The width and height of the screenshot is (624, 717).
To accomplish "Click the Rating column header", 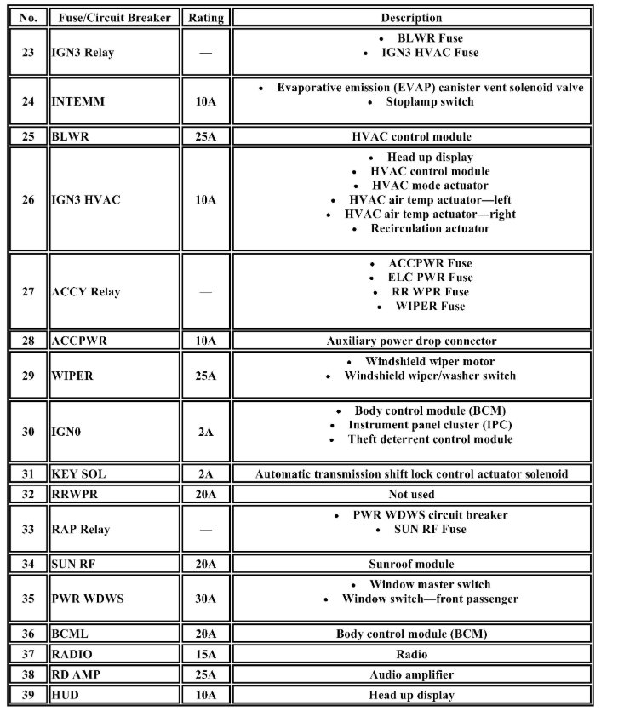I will pyautogui.click(x=205, y=17).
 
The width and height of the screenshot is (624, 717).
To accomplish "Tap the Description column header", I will pyautogui.click(x=411, y=17).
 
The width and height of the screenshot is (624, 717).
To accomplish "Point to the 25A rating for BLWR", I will pyautogui.click(x=205, y=136).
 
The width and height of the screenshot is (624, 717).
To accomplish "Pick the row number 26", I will pyautogui.click(x=28, y=200).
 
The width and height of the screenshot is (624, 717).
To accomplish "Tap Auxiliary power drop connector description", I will pyautogui.click(x=411, y=341).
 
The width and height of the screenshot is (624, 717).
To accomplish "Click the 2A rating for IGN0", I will pyautogui.click(x=205, y=432).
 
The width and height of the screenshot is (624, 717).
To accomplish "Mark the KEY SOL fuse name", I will pyautogui.click(x=79, y=474).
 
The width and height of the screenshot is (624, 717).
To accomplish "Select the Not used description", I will pyautogui.click(x=411, y=494).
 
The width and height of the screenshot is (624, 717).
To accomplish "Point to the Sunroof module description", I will pyautogui.click(x=411, y=564).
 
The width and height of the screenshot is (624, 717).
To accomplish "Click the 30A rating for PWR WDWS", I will pyautogui.click(x=205, y=599).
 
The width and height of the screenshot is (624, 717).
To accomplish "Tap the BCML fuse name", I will pyautogui.click(x=70, y=634).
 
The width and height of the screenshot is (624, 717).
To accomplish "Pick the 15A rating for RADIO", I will pyautogui.click(x=205, y=655).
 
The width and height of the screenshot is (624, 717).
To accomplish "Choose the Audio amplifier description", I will pyautogui.click(x=411, y=674).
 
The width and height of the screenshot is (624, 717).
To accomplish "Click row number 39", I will pyautogui.click(x=28, y=695).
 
